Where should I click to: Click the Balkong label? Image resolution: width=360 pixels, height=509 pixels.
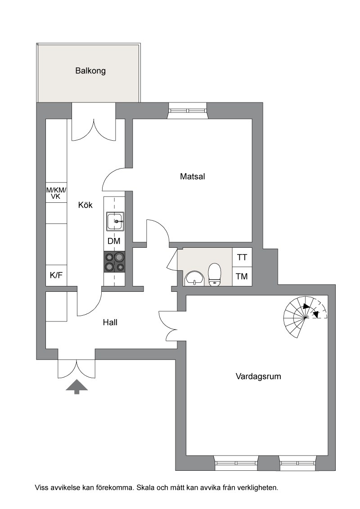(x=90, y=71)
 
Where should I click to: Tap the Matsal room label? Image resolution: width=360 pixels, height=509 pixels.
(x=192, y=177)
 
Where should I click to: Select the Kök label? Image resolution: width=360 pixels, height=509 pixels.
(x=85, y=205)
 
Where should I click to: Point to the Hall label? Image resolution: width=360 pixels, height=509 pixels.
(x=110, y=322)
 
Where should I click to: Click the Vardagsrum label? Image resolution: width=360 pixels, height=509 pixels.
(x=258, y=376)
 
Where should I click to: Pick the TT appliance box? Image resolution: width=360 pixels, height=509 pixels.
(x=242, y=257)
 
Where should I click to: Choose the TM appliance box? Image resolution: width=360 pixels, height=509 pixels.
(x=242, y=277)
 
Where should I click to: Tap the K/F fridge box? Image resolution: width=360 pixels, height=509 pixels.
(x=56, y=276)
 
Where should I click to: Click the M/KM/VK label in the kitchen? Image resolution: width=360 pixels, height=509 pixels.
(x=56, y=193)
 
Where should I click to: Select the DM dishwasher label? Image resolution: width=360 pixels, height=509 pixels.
(x=114, y=241)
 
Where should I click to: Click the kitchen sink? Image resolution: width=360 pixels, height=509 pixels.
(x=115, y=221)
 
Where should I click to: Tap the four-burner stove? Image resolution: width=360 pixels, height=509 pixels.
(x=114, y=262)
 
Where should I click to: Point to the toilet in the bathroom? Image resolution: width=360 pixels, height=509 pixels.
(x=215, y=275)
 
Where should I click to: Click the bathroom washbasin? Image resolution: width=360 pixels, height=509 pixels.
(x=194, y=279)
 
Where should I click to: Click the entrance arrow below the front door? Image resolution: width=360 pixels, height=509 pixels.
(x=76, y=387)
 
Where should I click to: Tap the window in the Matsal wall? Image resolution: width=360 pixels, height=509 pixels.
(x=188, y=111)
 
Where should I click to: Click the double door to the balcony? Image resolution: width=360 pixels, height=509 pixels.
(x=94, y=129)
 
